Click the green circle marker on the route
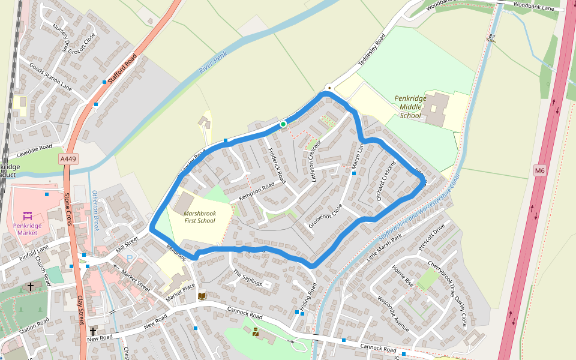click(x=283, y=124)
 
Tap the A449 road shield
click(x=68, y=159)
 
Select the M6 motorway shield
click(x=539, y=171)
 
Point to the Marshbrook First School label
click(x=199, y=217)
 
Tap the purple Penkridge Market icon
click(x=27, y=215)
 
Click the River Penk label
click(x=213, y=62)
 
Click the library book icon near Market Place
click(x=202, y=296)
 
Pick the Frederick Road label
click(x=277, y=166)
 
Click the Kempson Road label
click(x=256, y=193)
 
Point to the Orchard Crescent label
click(x=384, y=180)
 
